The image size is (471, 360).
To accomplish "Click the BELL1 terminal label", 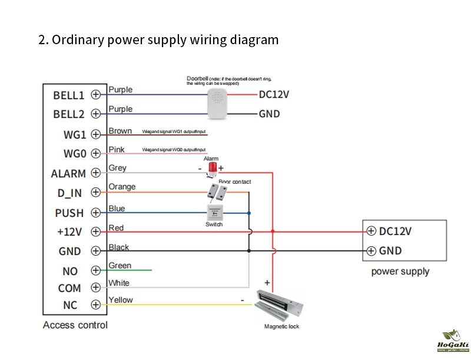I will [69, 95].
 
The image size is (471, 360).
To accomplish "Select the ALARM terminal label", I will [68, 174].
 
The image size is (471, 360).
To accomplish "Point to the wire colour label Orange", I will [122, 187].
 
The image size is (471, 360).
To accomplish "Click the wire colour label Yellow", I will [121, 300].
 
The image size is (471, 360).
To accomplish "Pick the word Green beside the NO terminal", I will [120, 266].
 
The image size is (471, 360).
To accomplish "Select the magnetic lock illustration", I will [281, 306].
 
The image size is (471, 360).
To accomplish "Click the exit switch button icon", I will [214, 213].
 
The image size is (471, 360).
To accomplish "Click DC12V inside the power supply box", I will [395, 231].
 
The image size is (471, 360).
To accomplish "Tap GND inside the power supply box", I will [390, 251].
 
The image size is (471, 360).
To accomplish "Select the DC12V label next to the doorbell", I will [274, 94].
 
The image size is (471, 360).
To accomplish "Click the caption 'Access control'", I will [75, 325].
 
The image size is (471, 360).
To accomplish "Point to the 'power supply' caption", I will [400, 272].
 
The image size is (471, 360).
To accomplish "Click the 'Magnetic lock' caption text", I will [281, 326].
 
